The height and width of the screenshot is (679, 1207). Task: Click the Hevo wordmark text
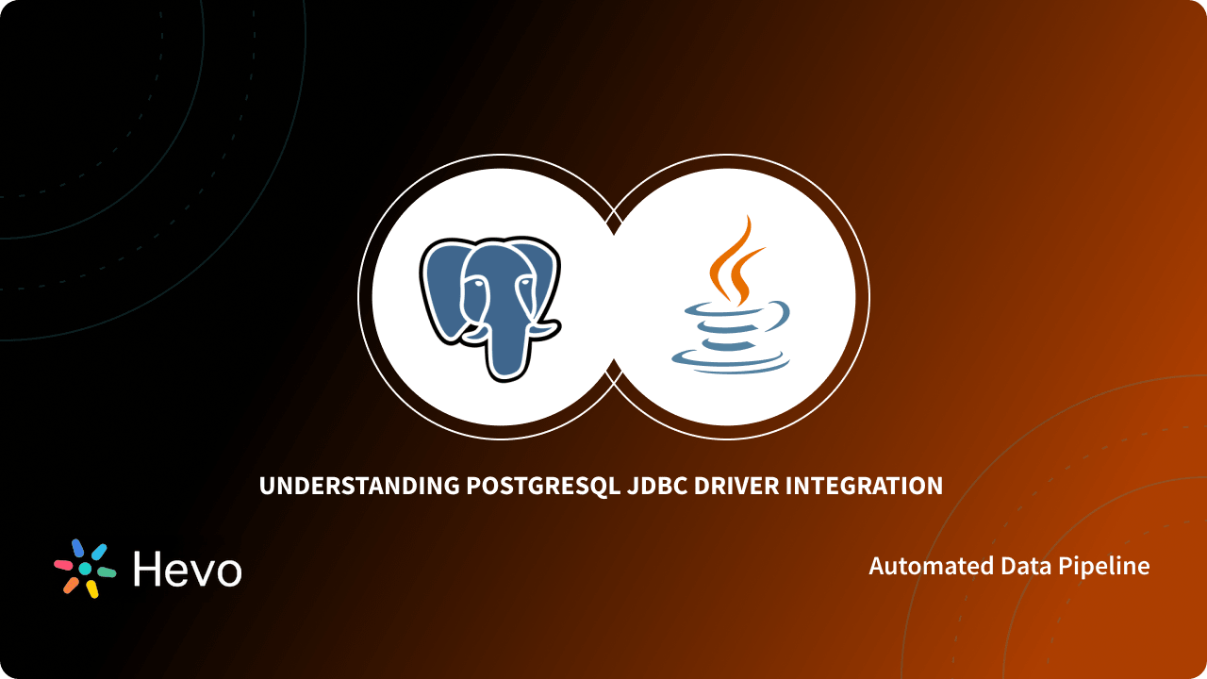coord(187,569)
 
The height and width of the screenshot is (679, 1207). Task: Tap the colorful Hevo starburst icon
coord(85,569)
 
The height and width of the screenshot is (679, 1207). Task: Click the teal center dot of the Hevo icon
coord(85,569)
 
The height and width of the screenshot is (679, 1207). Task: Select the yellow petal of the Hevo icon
coord(92,589)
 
